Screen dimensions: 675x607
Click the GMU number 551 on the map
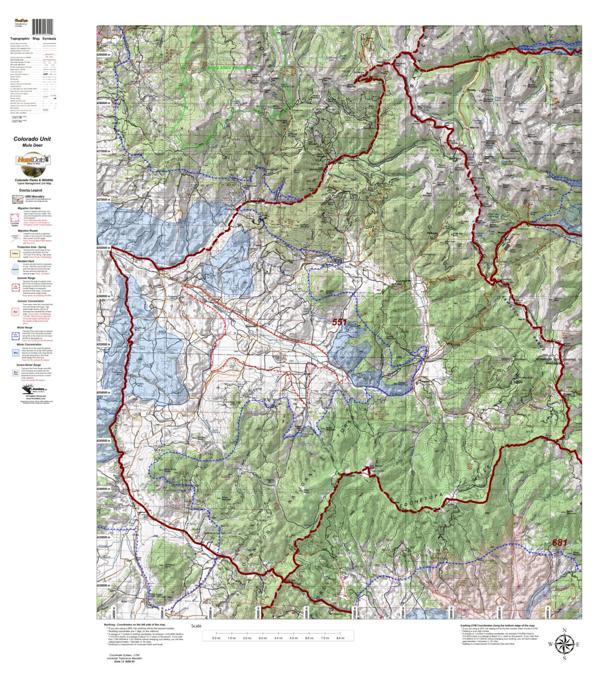tap(339, 322)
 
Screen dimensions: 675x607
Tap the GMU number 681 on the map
tap(559, 542)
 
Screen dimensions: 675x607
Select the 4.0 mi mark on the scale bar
tap(278, 637)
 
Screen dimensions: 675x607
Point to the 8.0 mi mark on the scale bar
tap(340, 637)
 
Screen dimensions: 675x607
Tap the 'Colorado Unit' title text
tap(32, 138)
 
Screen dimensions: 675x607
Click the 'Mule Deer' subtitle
tap(32, 145)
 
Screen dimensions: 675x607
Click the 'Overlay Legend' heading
tap(30, 190)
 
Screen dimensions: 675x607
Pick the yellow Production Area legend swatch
tap(16, 253)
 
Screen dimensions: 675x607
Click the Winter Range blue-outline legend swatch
tap(16, 335)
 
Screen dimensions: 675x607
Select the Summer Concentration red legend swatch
tap(16, 310)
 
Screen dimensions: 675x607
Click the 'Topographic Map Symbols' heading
tap(33, 39)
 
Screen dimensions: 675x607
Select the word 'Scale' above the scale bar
tap(196, 626)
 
